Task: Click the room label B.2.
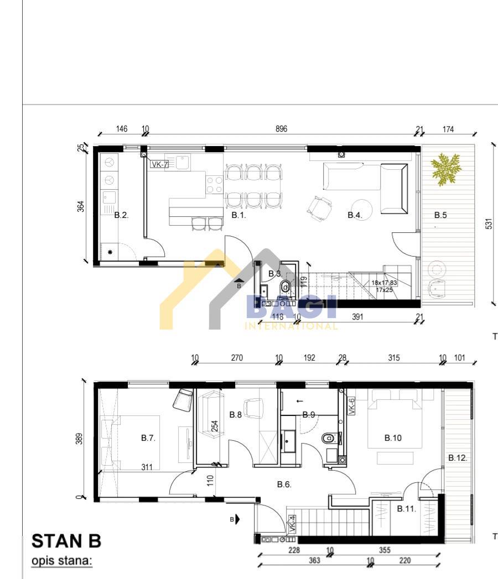[121, 215]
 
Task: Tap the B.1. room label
[238, 215]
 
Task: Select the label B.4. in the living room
[355, 215]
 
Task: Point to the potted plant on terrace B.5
[445, 169]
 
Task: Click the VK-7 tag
[159, 164]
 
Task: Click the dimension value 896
[281, 129]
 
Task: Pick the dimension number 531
[489, 223]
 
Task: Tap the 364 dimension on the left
[81, 206]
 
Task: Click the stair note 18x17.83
[384, 283]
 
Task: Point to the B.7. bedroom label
[148, 438]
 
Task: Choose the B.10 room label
[393, 438]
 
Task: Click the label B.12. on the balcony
[458, 458]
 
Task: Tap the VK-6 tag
[351, 406]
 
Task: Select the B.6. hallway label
[284, 484]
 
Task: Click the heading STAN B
[66, 540]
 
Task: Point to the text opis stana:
[61, 561]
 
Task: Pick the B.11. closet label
[407, 509]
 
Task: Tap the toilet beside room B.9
[330, 439]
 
